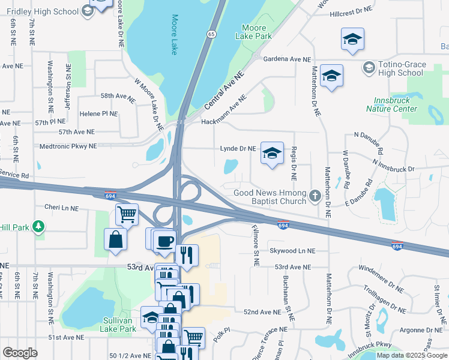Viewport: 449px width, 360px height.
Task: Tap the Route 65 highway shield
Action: pos(211,35)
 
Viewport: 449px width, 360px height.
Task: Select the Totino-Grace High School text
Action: pos(401,68)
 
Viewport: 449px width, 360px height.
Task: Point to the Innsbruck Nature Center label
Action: pos(392,104)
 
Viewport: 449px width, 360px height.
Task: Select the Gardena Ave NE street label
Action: pos(289,59)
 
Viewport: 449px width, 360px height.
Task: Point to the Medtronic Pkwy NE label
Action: pos(68,146)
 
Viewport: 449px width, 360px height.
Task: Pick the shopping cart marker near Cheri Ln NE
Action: pos(127,214)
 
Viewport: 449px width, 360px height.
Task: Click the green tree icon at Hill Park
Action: pos(39,226)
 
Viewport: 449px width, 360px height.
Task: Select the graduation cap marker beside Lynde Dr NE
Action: pos(272,154)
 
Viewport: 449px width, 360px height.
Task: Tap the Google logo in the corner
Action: pos(20,353)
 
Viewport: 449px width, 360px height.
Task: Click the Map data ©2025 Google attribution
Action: pos(411,355)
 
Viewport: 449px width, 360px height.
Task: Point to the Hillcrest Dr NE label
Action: pos(349,11)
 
